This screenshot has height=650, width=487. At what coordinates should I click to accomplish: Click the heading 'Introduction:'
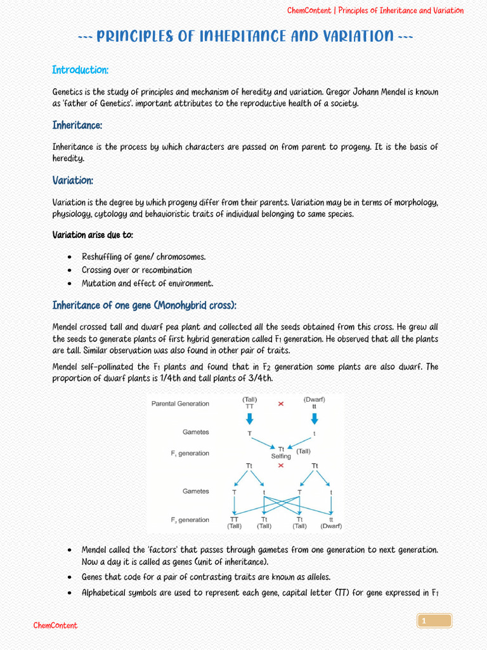80,70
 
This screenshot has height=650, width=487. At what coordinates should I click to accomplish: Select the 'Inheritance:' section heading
77,126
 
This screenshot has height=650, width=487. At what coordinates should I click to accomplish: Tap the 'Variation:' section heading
72,181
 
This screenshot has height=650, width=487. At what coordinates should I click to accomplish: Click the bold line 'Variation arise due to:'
93,235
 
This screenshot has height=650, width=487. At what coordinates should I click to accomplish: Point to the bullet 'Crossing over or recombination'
136,270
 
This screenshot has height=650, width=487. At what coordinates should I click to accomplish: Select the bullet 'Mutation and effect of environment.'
147,284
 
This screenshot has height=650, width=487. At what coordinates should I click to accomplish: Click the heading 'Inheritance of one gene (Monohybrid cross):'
144,306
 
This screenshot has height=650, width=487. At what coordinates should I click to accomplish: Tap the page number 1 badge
434,621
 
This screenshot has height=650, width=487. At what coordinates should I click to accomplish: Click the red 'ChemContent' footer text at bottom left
55,626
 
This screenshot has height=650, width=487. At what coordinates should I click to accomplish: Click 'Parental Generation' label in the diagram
180,404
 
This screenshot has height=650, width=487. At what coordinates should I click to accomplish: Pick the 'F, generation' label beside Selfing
190,453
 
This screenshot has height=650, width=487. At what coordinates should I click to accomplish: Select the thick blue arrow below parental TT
249,418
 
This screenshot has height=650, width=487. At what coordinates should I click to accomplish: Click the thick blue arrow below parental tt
314,418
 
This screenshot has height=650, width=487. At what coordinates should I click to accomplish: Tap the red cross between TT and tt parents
281,404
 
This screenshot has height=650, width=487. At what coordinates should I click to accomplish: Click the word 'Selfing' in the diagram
281,456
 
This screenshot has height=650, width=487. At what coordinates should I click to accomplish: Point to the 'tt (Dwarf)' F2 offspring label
331,522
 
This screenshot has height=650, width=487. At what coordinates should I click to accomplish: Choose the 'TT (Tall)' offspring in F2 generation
234,522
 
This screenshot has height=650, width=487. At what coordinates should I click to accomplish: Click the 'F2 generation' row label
190,520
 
